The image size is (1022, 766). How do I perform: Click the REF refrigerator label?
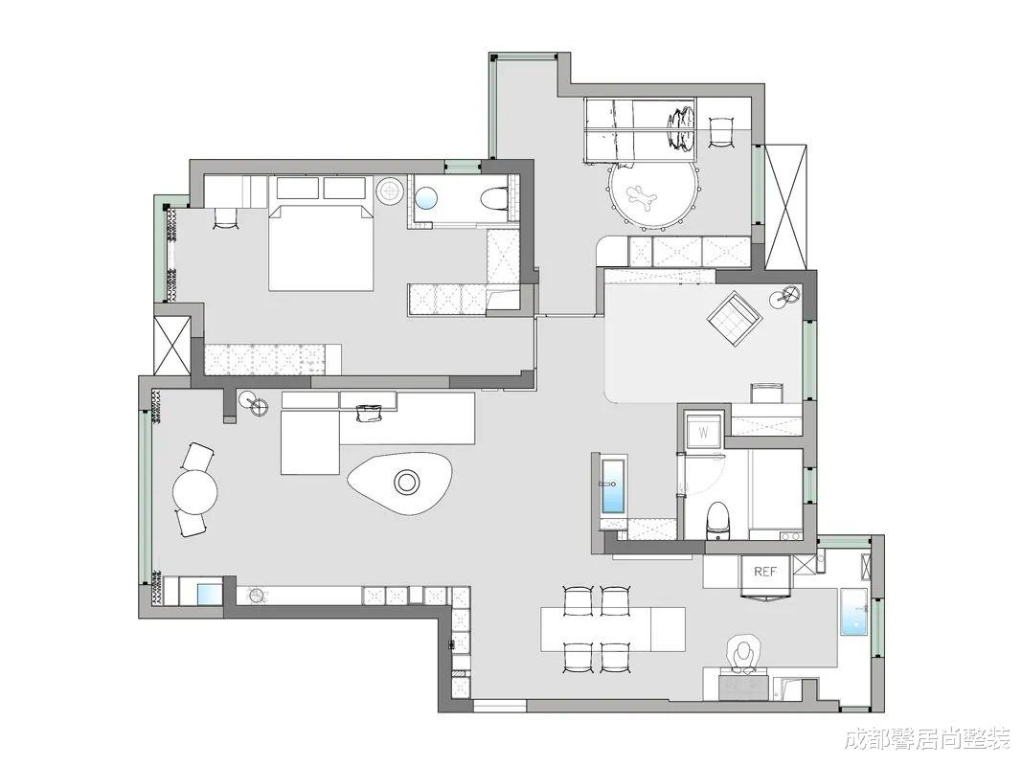[x=765, y=572]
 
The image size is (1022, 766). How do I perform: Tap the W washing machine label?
[x=703, y=433]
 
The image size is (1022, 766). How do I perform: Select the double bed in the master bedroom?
[x=321, y=248]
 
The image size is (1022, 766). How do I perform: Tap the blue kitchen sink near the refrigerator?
[x=853, y=612]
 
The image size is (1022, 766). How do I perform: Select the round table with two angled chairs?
[x=194, y=490]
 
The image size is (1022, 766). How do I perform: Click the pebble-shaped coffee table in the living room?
[x=400, y=483]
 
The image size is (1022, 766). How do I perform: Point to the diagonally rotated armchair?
[x=736, y=319]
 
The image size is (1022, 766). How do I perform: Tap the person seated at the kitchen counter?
[x=743, y=652]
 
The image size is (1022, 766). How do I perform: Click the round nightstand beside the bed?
[x=391, y=191]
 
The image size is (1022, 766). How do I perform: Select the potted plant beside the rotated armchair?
[x=784, y=297]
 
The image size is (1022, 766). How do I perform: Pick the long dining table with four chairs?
[x=613, y=629]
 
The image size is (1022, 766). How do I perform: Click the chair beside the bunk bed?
[x=720, y=132]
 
